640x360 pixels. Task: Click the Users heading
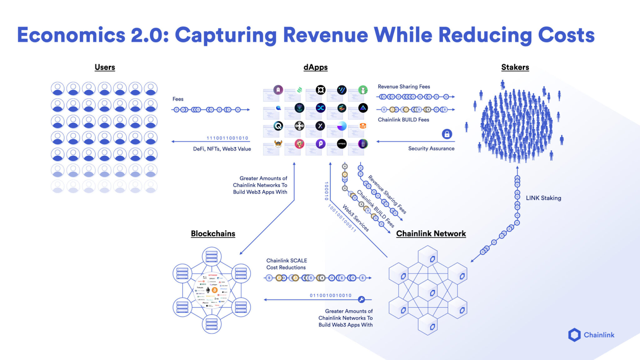click(x=105, y=67)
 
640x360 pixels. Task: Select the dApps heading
click(x=315, y=67)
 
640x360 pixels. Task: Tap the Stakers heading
click(x=515, y=67)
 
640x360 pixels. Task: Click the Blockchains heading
click(x=213, y=234)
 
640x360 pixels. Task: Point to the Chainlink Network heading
click(x=431, y=234)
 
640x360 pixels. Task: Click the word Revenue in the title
click(x=325, y=35)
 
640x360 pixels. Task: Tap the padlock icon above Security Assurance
click(x=447, y=134)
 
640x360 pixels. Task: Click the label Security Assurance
click(x=431, y=148)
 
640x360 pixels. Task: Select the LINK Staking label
click(x=543, y=198)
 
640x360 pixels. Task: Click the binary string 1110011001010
click(x=227, y=138)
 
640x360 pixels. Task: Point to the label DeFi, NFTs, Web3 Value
click(x=222, y=149)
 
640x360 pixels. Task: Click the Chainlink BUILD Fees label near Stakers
click(x=403, y=120)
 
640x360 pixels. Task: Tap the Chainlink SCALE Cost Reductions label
click(x=286, y=264)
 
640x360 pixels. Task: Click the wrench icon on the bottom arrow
click(x=361, y=300)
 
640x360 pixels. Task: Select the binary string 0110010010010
click(x=330, y=296)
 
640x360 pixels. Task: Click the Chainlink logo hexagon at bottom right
click(x=574, y=335)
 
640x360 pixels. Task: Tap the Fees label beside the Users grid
click(x=178, y=99)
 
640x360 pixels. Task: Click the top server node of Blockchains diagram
click(x=212, y=256)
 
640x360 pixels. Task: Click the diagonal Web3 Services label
click(x=356, y=218)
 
